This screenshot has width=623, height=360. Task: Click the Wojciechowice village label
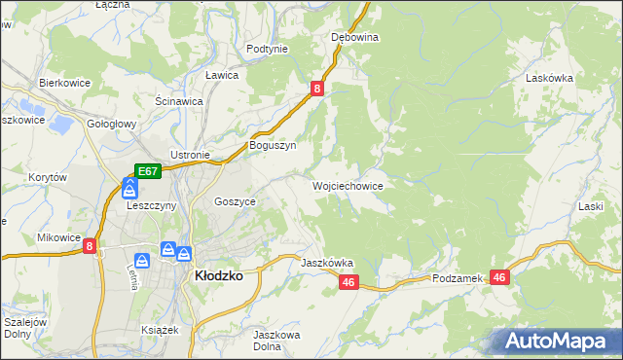(347, 186)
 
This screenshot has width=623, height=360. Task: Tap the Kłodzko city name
(219, 275)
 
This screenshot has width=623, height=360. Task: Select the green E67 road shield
(147, 171)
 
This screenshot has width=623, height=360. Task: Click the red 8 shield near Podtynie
(317, 89)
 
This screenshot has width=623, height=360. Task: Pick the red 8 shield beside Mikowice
(90, 247)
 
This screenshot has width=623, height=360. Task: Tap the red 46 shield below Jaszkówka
(349, 282)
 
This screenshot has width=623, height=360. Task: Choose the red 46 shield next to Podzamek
(499, 277)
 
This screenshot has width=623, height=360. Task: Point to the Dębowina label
(354, 37)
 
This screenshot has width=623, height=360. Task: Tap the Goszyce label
(235, 201)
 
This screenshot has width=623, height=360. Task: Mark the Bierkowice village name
(64, 84)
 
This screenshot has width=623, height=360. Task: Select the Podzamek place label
(458, 278)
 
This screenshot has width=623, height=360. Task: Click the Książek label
(161, 330)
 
